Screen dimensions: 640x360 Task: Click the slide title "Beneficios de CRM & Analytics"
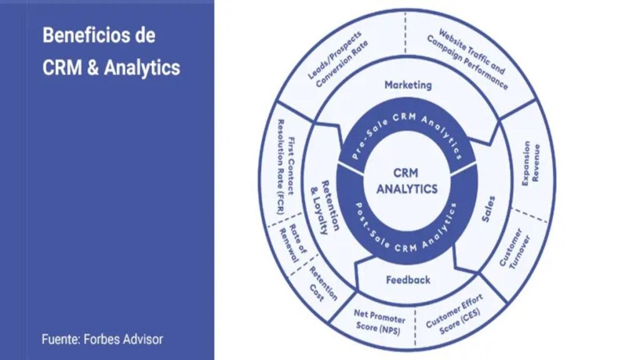coord(111,51)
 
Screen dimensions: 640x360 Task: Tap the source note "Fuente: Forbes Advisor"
coord(102,339)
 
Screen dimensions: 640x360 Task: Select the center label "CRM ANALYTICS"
coord(406,181)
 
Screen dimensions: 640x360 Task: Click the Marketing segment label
coord(407,85)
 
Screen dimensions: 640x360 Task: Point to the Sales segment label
coord(488,209)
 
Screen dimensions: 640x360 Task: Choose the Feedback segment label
coord(407,280)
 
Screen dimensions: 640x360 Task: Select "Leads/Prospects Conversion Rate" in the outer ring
coord(337,59)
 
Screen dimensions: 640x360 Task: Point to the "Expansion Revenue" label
coord(531,163)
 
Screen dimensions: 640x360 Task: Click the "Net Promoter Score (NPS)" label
coord(379,322)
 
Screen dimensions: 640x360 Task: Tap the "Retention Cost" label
coord(323,284)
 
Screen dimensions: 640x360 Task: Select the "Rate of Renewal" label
coord(292,243)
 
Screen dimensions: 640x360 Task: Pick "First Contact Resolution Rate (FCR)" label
coord(286,166)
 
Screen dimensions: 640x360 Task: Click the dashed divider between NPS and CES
coord(415,327)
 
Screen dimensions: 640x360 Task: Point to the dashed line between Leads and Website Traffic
coord(405,32)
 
